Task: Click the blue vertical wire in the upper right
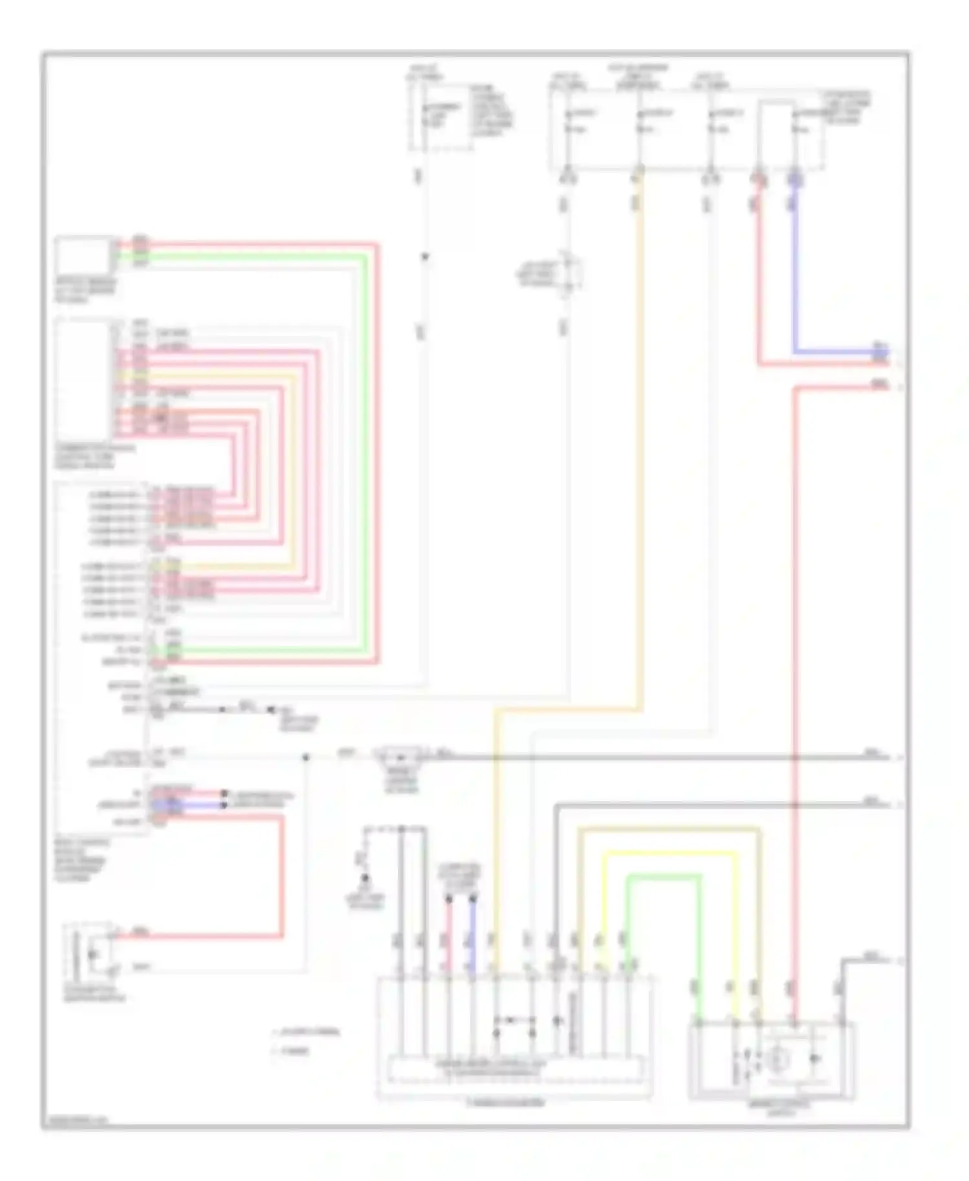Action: point(794,271)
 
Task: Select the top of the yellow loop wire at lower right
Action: point(669,854)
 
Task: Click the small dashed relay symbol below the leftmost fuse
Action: point(567,275)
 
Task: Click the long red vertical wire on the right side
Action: point(795,646)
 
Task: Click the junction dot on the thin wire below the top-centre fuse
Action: point(424,257)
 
